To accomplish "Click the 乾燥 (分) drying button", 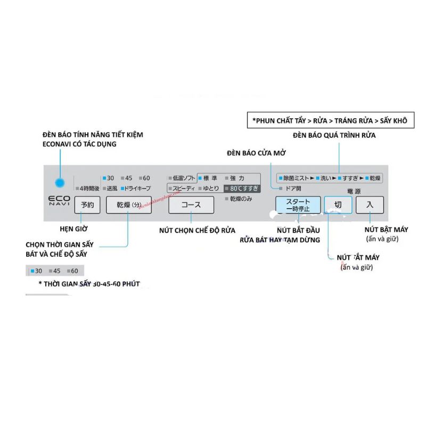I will pyautogui.click(x=128, y=205).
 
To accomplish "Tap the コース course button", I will pyautogui.click(x=191, y=205).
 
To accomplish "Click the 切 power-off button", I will pyautogui.click(x=338, y=205).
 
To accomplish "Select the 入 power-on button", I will pyautogui.click(x=370, y=205).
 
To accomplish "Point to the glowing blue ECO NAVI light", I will pyautogui.click(x=60, y=183).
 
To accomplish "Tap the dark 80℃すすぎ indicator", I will pyautogui.click(x=242, y=187).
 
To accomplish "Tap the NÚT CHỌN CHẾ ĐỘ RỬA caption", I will pyautogui.click(x=197, y=231).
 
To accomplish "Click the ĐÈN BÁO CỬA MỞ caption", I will pyautogui.click(x=257, y=153).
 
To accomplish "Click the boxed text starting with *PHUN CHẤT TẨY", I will pyautogui.click(x=330, y=121).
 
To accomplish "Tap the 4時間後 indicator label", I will pyautogui.click(x=88, y=188).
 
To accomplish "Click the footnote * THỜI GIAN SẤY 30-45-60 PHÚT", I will pyautogui.click(x=88, y=284).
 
